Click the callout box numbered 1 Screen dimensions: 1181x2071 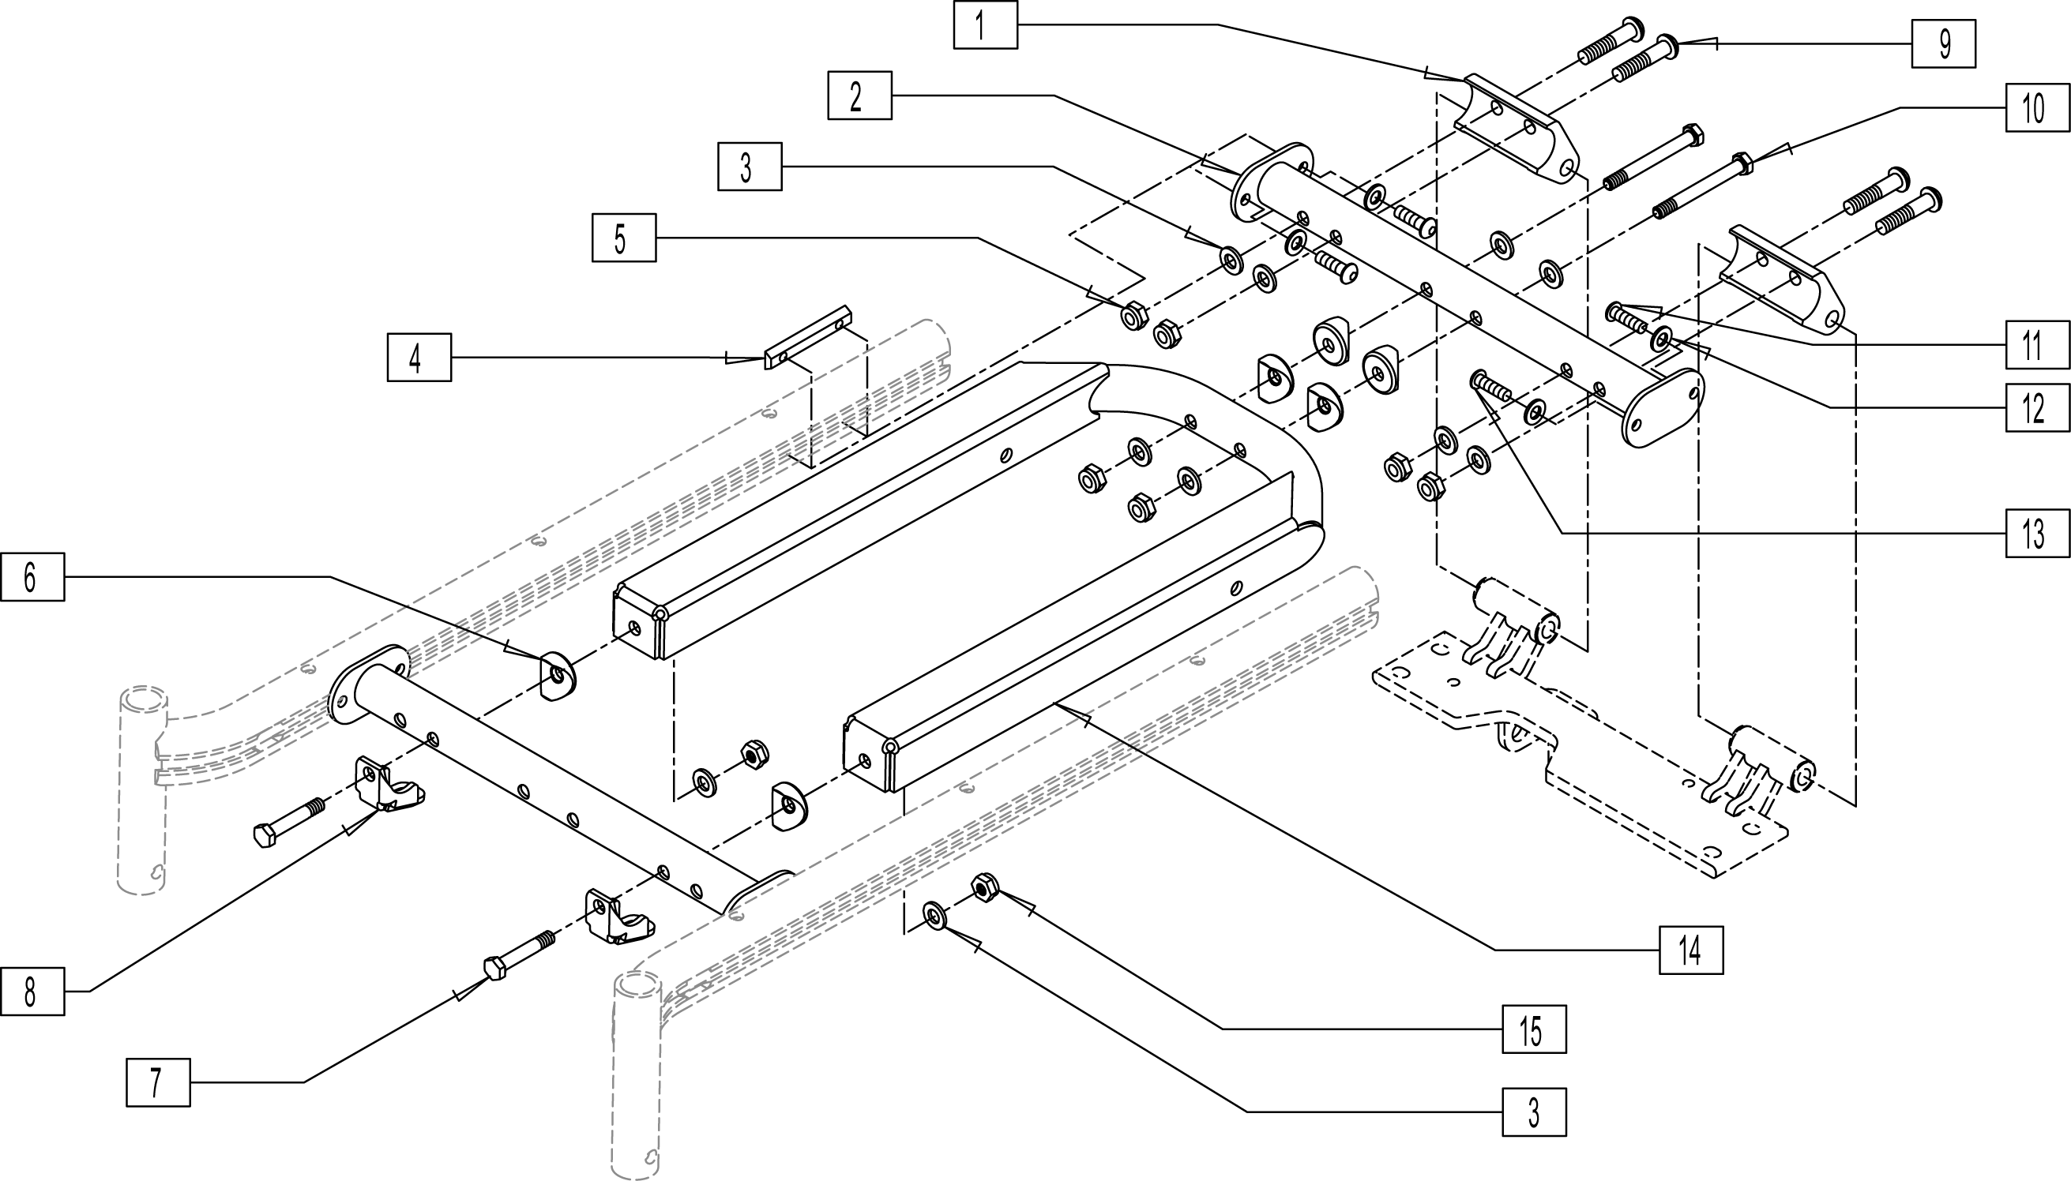984,25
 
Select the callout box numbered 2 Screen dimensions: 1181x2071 859,96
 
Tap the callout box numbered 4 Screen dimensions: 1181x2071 419,357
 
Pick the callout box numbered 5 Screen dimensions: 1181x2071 623,238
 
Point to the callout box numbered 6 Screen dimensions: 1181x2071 32,577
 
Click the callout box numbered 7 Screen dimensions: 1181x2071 158,1082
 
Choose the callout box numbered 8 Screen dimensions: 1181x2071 32,992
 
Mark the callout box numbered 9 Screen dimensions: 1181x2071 1943,43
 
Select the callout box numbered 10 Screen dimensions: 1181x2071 2037,107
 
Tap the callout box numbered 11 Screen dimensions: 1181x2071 2037,345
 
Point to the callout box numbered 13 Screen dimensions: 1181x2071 2037,533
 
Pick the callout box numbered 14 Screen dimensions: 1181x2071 1691,949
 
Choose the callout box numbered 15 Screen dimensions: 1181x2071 1534,1029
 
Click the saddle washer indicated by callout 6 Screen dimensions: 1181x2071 556,674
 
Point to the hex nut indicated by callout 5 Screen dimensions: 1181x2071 1133,315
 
